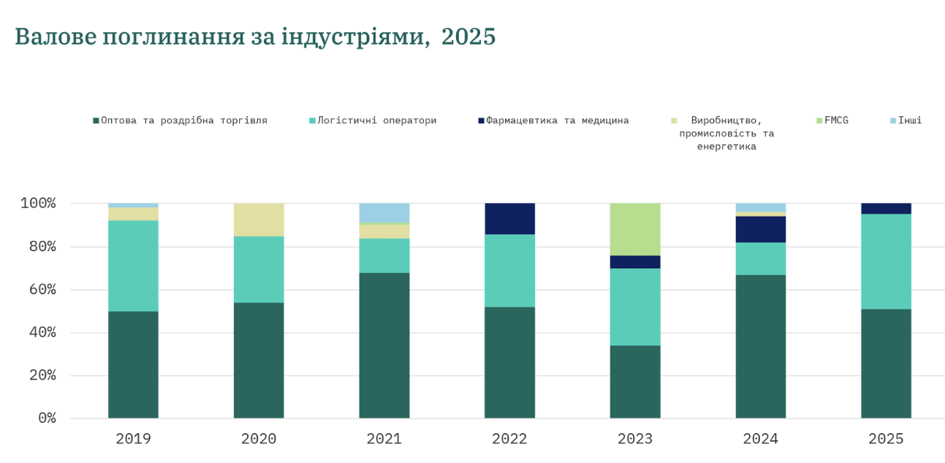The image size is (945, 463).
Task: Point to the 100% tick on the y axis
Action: click(37, 203)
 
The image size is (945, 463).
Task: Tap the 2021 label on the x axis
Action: click(384, 439)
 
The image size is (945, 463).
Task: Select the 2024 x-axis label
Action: click(761, 439)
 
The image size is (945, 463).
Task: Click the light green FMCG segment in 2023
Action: click(635, 229)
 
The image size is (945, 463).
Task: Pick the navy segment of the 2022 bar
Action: click(509, 218)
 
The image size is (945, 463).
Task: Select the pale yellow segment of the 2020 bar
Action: click(259, 220)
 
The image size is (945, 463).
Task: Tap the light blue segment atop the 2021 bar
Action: click(384, 213)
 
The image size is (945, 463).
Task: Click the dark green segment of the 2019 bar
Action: click(133, 364)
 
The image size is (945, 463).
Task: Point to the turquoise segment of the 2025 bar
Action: click(886, 261)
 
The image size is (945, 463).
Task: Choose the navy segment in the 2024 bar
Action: click(761, 229)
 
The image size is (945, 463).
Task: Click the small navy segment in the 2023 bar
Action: click(635, 262)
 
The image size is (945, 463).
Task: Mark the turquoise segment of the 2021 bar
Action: click(384, 256)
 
